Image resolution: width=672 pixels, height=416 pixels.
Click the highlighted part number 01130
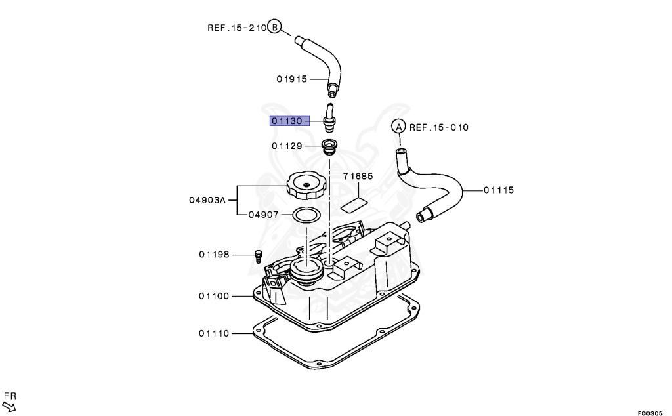[x=287, y=121]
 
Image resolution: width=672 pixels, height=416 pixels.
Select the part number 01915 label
[x=292, y=79]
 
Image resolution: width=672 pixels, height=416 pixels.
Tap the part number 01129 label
[x=287, y=146]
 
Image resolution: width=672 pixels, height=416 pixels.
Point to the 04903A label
[x=207, y=199]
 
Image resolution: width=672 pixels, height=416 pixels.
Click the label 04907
[x=264, y=215]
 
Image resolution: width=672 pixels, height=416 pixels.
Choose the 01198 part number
[x=214, y=255]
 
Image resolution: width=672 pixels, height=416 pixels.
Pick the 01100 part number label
[x=214, y=296]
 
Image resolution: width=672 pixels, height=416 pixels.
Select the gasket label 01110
[x=214, y=333]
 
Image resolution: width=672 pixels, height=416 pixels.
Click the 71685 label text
[x=358, y=176]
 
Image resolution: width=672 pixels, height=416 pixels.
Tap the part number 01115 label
[x=499, y=190]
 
